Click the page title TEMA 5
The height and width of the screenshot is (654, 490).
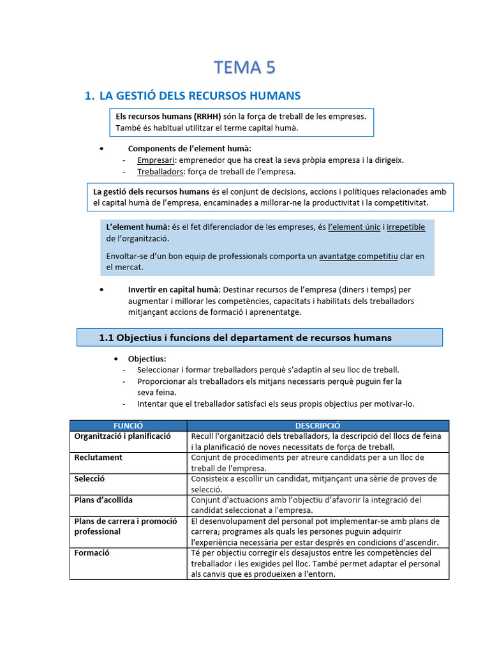point(245,67)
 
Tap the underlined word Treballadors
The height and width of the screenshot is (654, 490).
point(160,172)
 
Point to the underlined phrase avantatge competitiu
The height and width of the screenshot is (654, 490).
point(359,256)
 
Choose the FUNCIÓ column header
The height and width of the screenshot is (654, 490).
point(128,425)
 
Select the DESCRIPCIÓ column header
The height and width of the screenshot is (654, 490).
point(318,425)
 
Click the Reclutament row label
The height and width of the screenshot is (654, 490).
point(98,458)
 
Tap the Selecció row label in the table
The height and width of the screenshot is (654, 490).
point(89,479)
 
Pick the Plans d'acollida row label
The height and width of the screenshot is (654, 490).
point(103,500)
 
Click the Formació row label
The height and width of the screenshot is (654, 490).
point(92,553)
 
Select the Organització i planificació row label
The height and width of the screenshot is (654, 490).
point(122,436)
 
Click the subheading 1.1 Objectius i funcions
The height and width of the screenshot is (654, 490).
point(245,337)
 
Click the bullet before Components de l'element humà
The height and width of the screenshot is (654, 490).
point(102,149)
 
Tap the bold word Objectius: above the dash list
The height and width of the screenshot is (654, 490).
point(147,359)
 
